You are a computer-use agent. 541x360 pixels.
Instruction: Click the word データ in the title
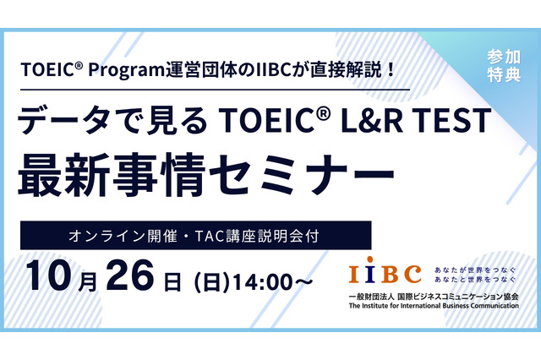point(80,123)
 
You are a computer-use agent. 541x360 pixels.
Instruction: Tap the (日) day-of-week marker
point(210,279)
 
